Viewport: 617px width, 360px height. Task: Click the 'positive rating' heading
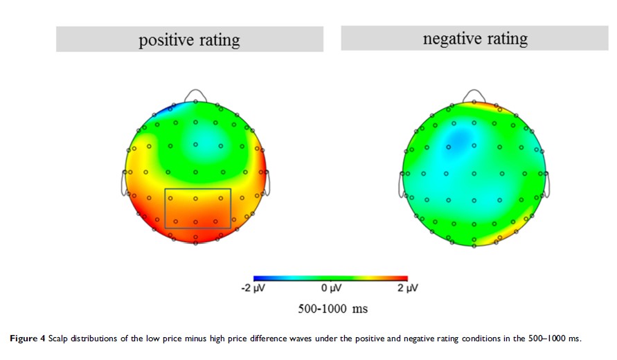tap(189, 39)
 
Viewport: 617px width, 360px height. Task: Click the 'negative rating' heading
tap(475, 38)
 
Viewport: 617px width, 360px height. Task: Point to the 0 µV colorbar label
tap(330, 287)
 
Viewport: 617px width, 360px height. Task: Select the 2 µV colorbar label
tap(407, 287)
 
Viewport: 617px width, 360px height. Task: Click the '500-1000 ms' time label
tap(332, 309)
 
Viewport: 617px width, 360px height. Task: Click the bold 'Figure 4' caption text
tap(26, 338)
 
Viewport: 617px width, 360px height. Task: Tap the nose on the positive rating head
tap(196, 94)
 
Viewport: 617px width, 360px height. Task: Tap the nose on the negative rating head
tap(474, 95)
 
